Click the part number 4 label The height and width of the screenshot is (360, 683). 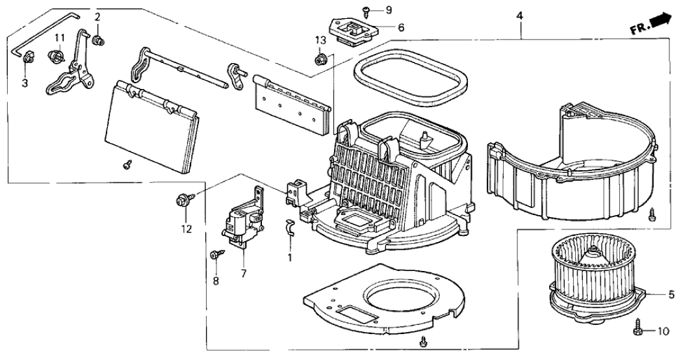click(519, 16)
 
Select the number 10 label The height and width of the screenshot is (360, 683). click(662, 331)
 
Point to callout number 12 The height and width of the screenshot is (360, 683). click(187, 228)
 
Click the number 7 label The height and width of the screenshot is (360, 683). click(244, 274)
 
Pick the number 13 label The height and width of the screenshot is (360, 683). click(320, 41)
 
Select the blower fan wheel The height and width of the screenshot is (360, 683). click(588, 266)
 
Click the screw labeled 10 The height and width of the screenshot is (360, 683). click(637, 328)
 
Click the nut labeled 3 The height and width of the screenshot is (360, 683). click(28, 60)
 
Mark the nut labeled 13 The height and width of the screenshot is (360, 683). click(319, 60)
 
